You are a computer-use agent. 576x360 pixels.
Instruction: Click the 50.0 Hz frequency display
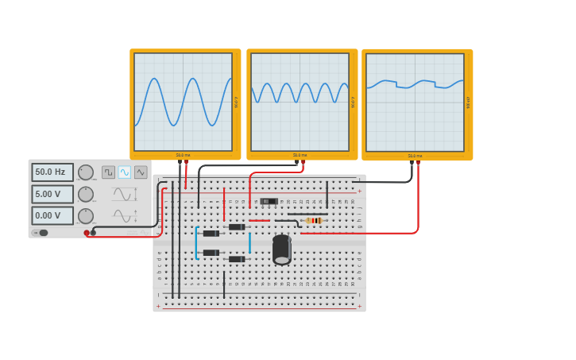[x=52, y=172]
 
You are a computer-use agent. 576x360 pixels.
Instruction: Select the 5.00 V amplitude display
[x=52, y=194]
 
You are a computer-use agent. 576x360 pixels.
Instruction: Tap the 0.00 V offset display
[x=52, y=215]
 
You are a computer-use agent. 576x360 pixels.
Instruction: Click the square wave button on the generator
[x=109, y=172]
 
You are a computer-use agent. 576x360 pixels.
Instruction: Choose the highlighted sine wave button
[x=125, y=172]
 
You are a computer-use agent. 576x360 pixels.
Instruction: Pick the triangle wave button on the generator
[x=141, y=172]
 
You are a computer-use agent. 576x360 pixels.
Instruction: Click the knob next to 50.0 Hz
[x=86, y=172]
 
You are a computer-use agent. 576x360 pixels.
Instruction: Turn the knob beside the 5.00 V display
[x=86, y=194]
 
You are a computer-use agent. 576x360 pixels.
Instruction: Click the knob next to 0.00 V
[x=86, y=215]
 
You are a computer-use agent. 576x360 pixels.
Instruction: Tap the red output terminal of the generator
[x=87, y=233]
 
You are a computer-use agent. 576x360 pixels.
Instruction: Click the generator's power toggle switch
[x=40, y=233]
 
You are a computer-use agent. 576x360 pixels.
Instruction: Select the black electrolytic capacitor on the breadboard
[x=282, y=250]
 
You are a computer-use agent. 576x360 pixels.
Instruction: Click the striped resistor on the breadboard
[x=315, y=220]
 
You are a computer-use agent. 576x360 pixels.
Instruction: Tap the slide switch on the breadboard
[x=269, y=201]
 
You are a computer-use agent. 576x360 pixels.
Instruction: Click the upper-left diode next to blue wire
[x=211, y=233]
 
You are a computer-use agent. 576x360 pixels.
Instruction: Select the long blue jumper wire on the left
[x=196, y=242]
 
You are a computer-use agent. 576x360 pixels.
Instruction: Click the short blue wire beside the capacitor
[x=249, y=242]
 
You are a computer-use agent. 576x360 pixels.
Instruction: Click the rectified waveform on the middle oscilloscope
[x=300, y=93]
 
